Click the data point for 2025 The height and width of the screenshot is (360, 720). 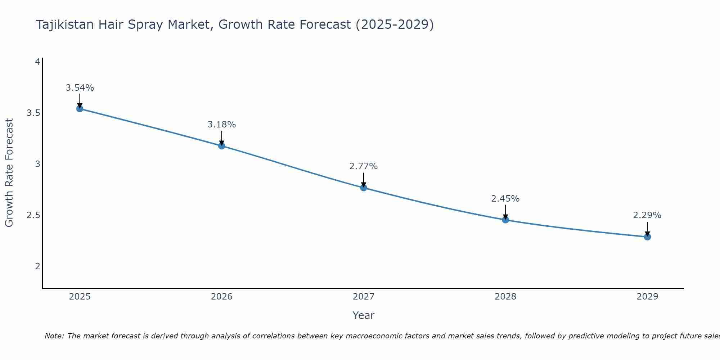point(80,109)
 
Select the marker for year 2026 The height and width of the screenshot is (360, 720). point(221,146)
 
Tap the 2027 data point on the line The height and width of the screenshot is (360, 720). point(363,188)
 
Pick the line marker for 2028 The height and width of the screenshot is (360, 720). point(505,220)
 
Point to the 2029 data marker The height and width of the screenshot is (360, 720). point(647,237)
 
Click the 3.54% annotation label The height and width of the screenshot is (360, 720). point(80,88)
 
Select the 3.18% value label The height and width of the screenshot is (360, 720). point(221,125)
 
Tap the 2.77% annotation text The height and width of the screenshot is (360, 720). point(363,166)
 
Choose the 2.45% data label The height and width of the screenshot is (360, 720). point(505,199)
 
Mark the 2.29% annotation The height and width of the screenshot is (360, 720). point(647,215)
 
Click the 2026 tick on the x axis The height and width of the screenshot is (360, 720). point(221,297)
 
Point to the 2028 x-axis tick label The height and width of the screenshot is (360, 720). point(505,297)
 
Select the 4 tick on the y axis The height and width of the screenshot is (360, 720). point(37,62)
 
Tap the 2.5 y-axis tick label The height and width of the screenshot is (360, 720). point(33,215)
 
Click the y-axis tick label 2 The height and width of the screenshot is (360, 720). point(37,266)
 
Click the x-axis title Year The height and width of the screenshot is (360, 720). point(363,315)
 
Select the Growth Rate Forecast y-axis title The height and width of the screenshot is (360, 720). point(9,173)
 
